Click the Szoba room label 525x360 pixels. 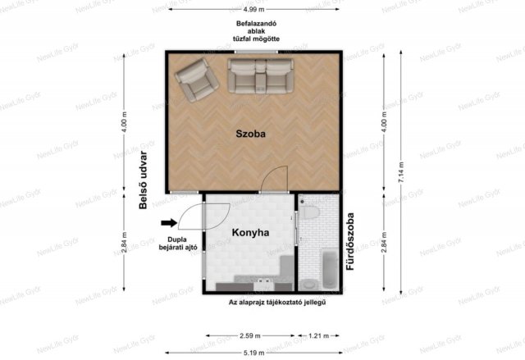(250, 134)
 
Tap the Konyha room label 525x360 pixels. (250, 233)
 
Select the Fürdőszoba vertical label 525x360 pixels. (350, 241)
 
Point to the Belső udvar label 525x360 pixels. (143, 180)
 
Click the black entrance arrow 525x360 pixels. (169, 223)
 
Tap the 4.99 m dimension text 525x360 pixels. (253, 9)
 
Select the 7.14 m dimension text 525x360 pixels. (401, 172)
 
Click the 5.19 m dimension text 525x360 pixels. (253, 353)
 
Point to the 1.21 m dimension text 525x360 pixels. (318, 335)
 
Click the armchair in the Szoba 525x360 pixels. (197, 80)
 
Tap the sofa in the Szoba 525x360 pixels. (260, 76)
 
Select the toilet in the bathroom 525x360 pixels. (309, 212)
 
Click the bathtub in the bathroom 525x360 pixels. (330, 270)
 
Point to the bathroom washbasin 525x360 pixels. (308, 285)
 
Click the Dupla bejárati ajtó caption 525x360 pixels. (178, 244)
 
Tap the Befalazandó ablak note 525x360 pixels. (256, 31)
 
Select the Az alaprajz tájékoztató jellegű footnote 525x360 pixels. (277, 303)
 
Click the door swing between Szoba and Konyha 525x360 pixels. (275, 180)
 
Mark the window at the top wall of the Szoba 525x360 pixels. (256, 52)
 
